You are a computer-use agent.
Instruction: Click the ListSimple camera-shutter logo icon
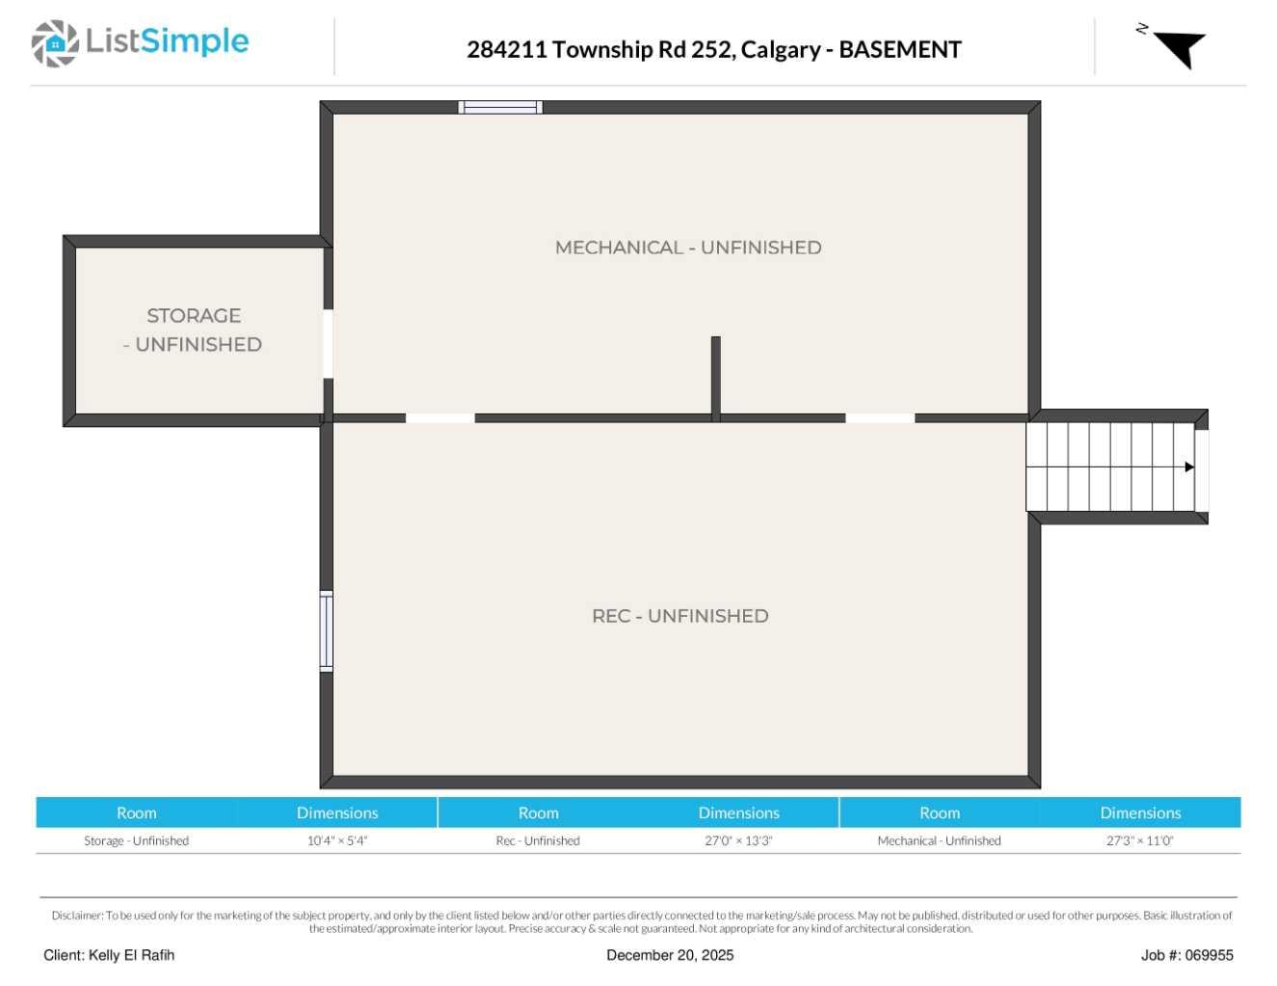(55, 43)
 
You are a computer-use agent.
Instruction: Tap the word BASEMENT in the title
(899, 49)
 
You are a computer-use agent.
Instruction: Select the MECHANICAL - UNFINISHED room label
(688, 248)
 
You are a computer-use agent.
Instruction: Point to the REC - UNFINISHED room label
(679, 616)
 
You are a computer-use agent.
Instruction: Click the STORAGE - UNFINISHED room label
(194, 330)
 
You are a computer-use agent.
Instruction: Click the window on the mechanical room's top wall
(500, 107)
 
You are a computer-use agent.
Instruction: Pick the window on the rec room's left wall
(327, 631)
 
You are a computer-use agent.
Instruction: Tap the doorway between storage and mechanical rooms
(328, 344)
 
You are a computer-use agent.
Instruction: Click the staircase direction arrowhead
(1189, 467)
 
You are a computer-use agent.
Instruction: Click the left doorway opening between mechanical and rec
(439, 418)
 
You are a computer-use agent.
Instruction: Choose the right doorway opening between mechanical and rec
(880, 418)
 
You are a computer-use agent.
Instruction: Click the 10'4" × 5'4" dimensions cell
(337, 840)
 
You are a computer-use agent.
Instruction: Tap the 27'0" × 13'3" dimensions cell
(738, 840)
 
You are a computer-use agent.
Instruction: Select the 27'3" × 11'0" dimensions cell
(1139, 840)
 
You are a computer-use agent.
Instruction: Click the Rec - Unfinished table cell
(538, 840)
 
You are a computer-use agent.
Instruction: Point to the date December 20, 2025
(670, 955)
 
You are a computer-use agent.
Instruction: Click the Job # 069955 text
(1186, 955)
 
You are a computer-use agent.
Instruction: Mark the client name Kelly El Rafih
(109, 955)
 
